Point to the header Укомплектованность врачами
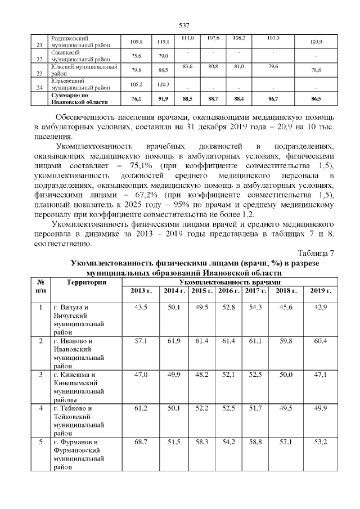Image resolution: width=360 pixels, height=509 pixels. pos(229,281)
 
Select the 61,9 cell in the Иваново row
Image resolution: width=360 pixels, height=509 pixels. pos(172,341)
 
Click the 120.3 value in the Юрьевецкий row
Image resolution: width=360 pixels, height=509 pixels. pos(163,84)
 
